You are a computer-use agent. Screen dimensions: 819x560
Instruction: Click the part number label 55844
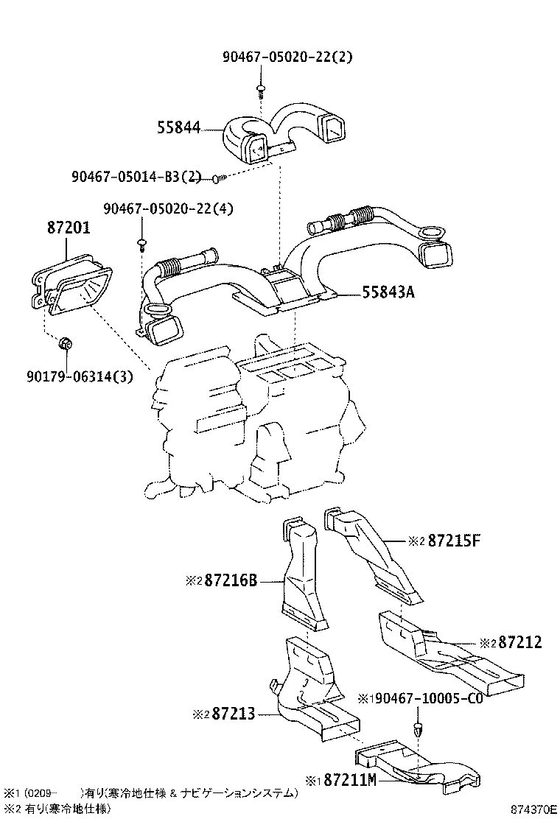178,128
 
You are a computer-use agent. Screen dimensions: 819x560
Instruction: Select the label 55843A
388,292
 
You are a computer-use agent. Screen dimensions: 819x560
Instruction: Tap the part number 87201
69,229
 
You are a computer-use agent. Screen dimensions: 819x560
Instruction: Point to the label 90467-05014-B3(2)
136,177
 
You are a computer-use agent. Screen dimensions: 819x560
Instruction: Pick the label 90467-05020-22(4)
168,208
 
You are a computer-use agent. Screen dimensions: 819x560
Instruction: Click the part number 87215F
454,541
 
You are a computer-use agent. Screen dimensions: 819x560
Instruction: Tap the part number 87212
519,643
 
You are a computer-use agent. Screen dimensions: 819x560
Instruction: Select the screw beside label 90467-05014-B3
217,177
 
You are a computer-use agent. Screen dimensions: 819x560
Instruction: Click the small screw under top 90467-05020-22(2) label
261,89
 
